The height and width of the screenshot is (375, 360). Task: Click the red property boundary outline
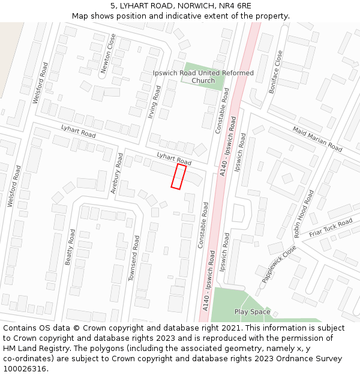coord(178,176)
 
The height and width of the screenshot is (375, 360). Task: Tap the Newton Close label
coord(108,53)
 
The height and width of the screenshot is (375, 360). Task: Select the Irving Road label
coord(154,101)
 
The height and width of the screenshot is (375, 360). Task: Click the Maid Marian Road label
coord(317,139)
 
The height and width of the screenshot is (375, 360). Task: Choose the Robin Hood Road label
coord(304,214)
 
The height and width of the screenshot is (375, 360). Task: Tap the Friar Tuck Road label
coord(331,228)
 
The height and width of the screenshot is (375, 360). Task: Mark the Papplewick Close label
coord(279,264)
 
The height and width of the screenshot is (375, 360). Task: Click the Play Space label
coord(252,312)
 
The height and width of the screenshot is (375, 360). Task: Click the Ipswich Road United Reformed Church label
coord(203,77)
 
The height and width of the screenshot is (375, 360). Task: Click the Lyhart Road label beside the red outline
coord(173,158)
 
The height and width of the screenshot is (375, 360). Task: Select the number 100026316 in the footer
coord(26,369)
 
